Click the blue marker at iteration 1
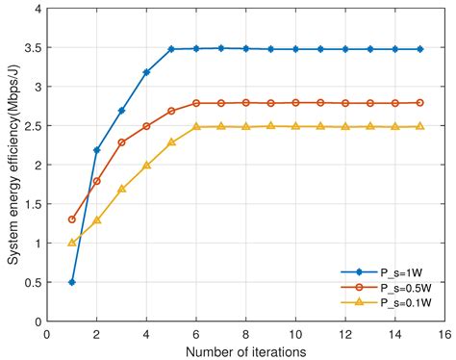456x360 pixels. pyautogui.click(x=72, y=282)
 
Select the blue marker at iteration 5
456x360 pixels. pyautogui.click(x=171, y=49)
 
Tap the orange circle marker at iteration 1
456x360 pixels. pyautogui.click(x=72, y=219)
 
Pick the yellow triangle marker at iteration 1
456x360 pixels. pyautogui.click(x=72, y=243)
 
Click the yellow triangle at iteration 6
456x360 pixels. pyautogui.click(x=196, y=127)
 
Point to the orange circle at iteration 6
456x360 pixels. pyautogui.click(x=196, y=103)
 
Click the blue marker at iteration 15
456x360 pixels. pyautogui.click(x=419, y=49)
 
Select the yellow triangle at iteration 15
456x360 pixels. pyautogui.click(x=419, y=127)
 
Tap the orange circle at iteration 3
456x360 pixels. pyautogui.click(x=121, y=142)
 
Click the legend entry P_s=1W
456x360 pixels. pyautogui.click(x=397, y=273)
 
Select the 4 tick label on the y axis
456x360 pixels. pyautogui.click(x=37, y=10)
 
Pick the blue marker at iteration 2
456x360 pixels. pyautogui.click(x=96, y=150)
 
